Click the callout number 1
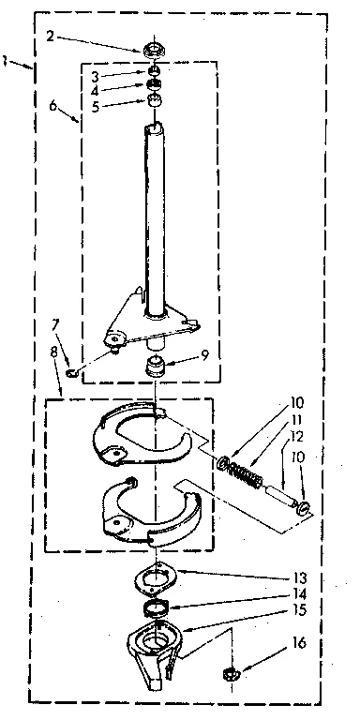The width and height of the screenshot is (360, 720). [x=7, y=62]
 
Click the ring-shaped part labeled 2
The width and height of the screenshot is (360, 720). [x=152, y=49]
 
